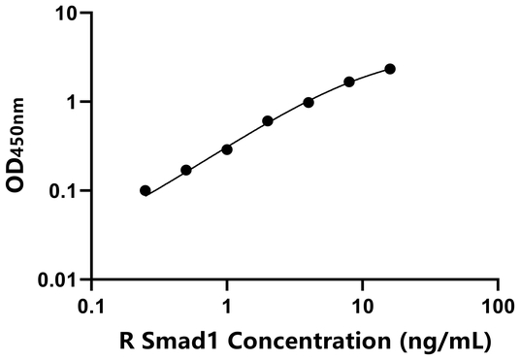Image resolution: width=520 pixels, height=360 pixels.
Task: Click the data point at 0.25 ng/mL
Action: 146,191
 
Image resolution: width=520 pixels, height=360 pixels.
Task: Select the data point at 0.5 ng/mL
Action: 186,170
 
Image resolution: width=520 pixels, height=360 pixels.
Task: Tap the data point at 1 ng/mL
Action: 227,149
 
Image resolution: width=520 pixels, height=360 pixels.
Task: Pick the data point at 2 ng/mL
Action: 268,121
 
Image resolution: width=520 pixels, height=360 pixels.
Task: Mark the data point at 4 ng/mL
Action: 309,102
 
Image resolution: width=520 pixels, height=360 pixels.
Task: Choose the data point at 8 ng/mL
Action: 349,82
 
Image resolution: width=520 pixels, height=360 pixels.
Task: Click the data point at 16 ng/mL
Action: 390,69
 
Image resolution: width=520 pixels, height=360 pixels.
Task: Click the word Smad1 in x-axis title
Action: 164,341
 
